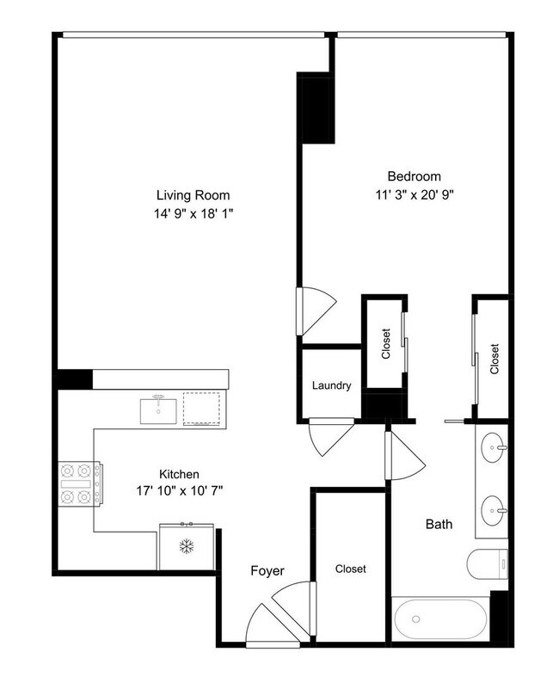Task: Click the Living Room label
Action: coord(193,194)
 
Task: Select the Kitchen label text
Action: coord(180,474)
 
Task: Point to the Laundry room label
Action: coord(331,386)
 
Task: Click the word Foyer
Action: coord(267,570)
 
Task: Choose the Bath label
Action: coord(439,524)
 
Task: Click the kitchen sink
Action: coord(161,408)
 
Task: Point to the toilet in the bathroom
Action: coord(485,565)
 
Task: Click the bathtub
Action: coord(439,618)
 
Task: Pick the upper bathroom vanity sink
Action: coord(494,447)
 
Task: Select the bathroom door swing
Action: coord(404,453)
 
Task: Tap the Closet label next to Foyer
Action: coord(351,569)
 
